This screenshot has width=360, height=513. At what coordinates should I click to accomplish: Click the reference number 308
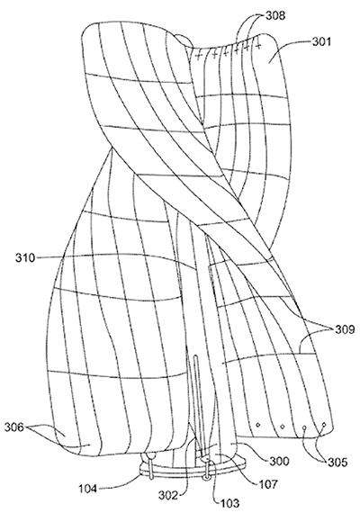[274, 15]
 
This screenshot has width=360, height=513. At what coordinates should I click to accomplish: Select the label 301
[321, 42]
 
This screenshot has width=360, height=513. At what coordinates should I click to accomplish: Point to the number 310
[25, 257]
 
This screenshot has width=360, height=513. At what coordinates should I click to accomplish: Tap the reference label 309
[345, 329]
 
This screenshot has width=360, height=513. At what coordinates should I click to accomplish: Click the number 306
[14, 427]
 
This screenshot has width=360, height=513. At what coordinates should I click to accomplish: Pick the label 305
[337, 462]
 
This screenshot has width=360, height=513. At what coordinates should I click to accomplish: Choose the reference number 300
[279, 461]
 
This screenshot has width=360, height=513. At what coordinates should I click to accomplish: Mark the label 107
[267, 483]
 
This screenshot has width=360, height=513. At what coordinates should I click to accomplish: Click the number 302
[168, 496]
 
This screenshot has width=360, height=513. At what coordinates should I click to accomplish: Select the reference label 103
[229, 503]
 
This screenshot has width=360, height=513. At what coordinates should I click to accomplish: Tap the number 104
[87, 489]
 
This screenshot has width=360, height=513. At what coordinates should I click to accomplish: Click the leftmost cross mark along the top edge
[198, 57]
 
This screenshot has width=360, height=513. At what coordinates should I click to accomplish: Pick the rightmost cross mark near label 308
[258, 46]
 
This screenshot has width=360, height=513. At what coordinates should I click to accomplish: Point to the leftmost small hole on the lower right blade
[258, 425]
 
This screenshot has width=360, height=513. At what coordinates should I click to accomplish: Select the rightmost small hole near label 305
[324, 424]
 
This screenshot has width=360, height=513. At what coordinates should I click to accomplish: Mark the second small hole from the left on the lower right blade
[283, 427]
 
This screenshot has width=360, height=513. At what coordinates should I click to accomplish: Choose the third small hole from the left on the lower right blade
[305, 427]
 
